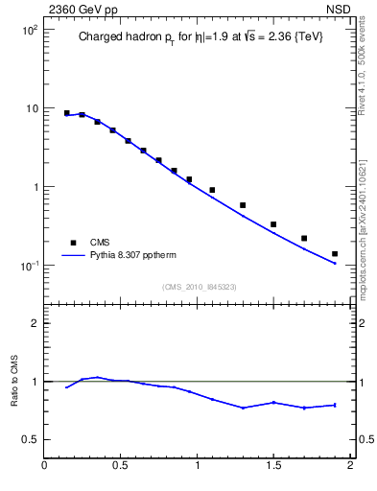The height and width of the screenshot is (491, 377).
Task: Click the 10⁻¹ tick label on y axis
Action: (x=29, y=266)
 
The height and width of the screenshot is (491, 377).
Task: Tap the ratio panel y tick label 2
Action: (x=35, y=323)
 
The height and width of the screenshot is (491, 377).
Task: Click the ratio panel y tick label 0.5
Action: (x=31, y=439)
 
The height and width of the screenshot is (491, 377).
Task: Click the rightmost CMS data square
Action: (x=335, y=254)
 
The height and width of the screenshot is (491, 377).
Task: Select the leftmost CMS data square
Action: (x=66, y=113)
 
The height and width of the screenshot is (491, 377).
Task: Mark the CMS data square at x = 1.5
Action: (x=273, y=224)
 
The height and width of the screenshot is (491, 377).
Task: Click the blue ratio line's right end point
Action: (x=335, y=405)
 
